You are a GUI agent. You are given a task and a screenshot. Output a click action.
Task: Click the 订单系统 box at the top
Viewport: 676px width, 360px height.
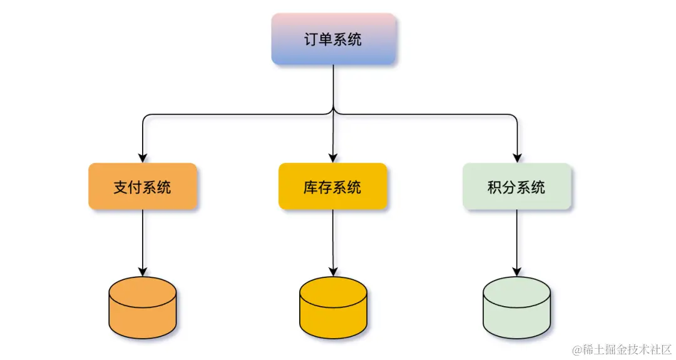[x=333, y=39]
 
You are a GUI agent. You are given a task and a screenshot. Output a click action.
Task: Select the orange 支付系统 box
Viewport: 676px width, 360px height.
[x=143, y=187]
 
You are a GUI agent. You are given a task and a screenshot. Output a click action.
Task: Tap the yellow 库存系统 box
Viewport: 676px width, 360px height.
[x=332, y=187]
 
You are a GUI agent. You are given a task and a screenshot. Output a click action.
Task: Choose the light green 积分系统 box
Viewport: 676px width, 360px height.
[x=516, y=187]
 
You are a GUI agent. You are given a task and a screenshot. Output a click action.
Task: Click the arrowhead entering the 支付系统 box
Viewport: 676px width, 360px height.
[x=143, y=158]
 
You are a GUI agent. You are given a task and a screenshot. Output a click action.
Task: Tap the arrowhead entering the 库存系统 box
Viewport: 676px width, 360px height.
[x=333, y=158]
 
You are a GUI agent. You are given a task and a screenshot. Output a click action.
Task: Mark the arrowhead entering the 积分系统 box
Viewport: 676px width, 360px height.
[x=517, y=158]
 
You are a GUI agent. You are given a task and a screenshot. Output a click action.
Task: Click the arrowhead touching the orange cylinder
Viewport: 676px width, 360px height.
[x=143, y=272]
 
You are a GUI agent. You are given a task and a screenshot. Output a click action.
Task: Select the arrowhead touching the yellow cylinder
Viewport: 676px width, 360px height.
[x=333, y=272]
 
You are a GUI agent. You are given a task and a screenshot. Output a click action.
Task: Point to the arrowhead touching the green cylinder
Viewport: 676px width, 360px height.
[x=517, y=272]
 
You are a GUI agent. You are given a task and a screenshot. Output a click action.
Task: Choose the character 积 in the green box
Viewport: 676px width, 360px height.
[x=494, y=187]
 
